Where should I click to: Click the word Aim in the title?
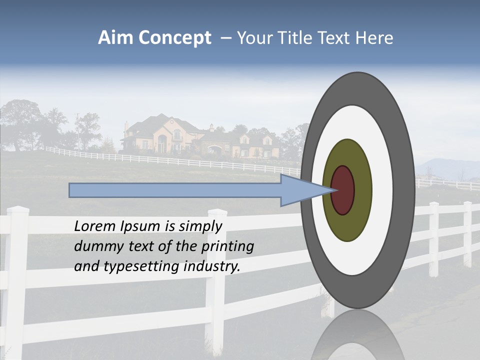click(116, 38)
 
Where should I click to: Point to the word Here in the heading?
click(374, 38)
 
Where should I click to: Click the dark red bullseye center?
click(342, 190)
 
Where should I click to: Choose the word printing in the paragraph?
click(227, 246)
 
